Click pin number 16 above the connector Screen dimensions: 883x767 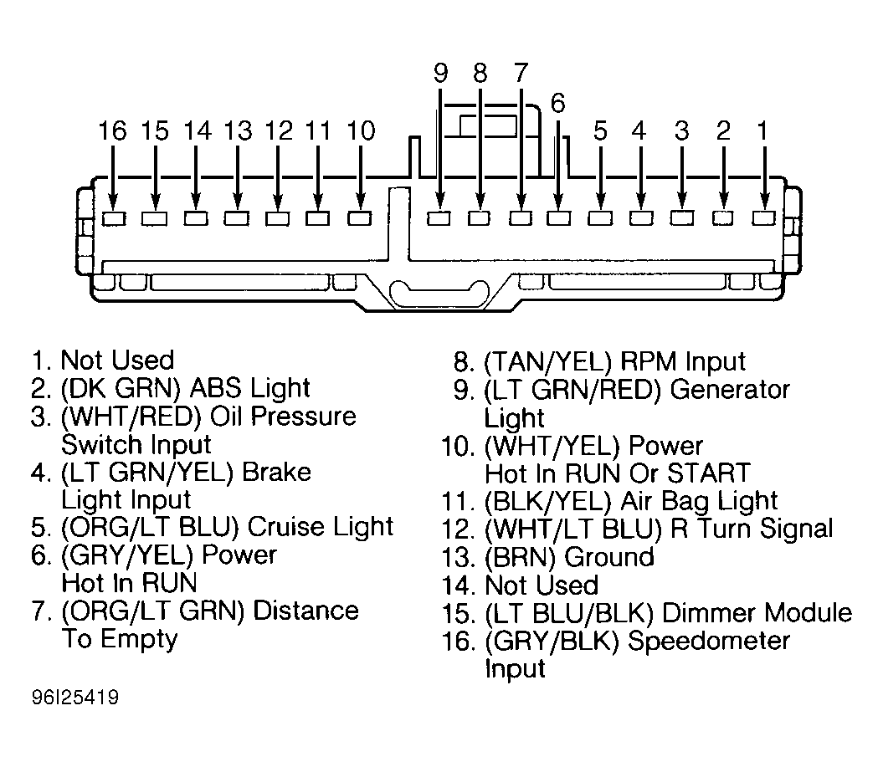pyautogui.click(x=113, y=130)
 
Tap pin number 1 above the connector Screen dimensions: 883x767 pyautogui.click(x=762, y=130)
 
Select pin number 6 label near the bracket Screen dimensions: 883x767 pyautogui.click(x=557, y=103)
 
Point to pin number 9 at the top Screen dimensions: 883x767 pyautogui.click(x=441, y=73)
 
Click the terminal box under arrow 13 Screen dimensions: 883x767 pyautogui.click(x=237, y=218)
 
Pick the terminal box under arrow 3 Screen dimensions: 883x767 pyautogui.click(x=682, y=217)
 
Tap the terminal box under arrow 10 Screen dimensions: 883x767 pyautogui.click(x=359, y=218)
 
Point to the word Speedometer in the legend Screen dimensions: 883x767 pyautogui.click(x=708, y=642)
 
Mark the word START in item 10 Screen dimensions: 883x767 pyautogui.click(x=708, y=473)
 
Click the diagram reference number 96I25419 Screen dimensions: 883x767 pyautogui.click(x=74, y=698)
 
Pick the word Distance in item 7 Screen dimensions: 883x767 pyautogui.click(x=305, y=611)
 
